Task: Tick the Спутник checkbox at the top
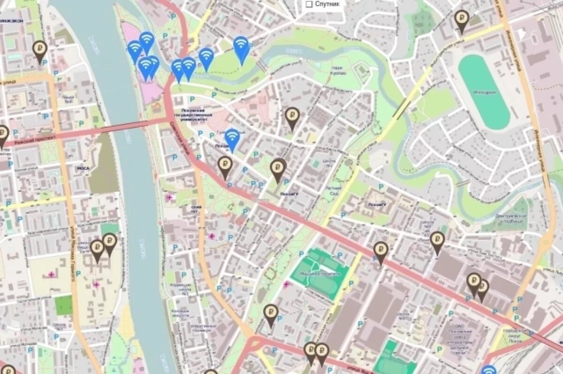point(309,4)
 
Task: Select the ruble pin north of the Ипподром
point(462,20)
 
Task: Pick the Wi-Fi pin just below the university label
point(232,138)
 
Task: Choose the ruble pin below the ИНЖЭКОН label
point(39,49)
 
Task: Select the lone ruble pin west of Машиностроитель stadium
point(271,313)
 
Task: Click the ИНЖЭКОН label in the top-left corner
point(11,21)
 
